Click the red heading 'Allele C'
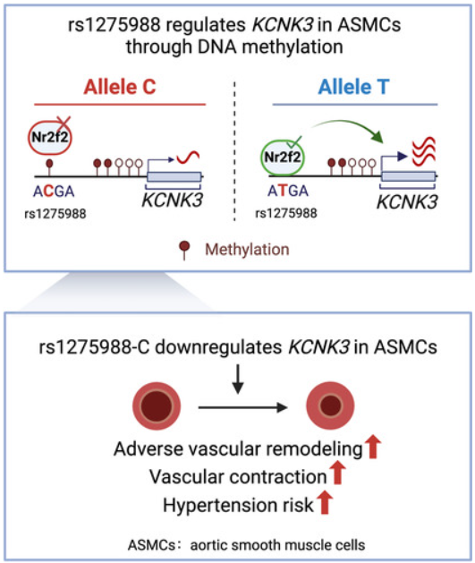(x=120, y=87)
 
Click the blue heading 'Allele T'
(x=353, y=87)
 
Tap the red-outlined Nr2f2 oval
(x=50, y=137)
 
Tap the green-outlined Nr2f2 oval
(x=283, y=157)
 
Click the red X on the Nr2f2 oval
(x=64, y=124)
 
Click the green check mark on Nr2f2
(x=294, y=142)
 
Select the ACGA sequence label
(x=54, y=192)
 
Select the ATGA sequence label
(x=288, y=191)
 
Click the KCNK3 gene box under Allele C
(x=174, y=176)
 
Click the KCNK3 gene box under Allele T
(x=408, y=176)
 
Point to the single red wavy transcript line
(x=188, y=157)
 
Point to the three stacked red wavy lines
(x=424, y=151)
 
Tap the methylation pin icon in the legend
(x=184, y=251)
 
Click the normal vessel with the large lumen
(x=157, y=405)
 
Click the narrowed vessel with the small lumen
(x=330, y=405)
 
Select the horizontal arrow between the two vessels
(x=243, y=407)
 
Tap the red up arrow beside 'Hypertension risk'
(x=325, y=502)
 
